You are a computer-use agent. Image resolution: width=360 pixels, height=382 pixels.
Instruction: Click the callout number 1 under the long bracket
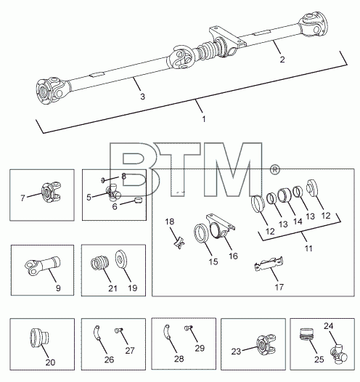pyautogui.click(x=204, y=119)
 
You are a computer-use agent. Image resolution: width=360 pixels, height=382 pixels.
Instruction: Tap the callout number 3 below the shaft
pyautogui.click(x=143, y=97)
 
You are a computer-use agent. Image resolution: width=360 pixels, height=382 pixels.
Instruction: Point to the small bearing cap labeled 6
pyautogui.click(x=138, y=200)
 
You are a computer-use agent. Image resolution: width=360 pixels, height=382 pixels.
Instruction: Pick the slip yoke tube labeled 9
pyautogui.click(x=42, y=266)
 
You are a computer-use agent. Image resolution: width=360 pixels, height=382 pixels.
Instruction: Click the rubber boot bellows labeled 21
pyautogui.click(x=99, y=263)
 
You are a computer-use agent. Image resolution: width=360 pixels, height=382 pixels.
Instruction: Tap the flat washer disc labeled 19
pyautogui.click(x=120, y=259)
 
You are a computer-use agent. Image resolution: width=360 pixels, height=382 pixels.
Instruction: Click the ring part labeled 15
pyautogui.click(x=202, y=233)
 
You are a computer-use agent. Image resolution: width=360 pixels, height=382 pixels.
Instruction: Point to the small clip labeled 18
pyautogui.click(x=179, y=242)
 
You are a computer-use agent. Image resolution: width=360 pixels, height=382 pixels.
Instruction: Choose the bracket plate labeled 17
pyautogui.click(x=269, y=264)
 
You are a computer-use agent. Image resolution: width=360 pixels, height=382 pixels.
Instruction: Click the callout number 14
pyautogui.click(x=298, y=222)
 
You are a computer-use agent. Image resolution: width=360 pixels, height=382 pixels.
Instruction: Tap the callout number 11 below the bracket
pyautogui.click(x=308, y=248)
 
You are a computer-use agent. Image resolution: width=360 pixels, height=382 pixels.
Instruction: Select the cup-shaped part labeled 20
pyautogui.click(x=39, y=338)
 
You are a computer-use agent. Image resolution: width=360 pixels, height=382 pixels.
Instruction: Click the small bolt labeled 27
pyautogui.click(x=118, y=330)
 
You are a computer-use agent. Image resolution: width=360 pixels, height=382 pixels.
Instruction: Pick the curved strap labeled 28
pyautogui.click(x=167, y=332)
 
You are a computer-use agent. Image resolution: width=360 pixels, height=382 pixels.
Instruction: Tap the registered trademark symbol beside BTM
pyautogui.click(x=275, y=170)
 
